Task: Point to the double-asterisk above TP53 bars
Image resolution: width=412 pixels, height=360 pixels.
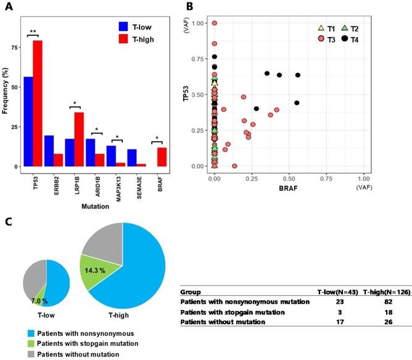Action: coord(32,30)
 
